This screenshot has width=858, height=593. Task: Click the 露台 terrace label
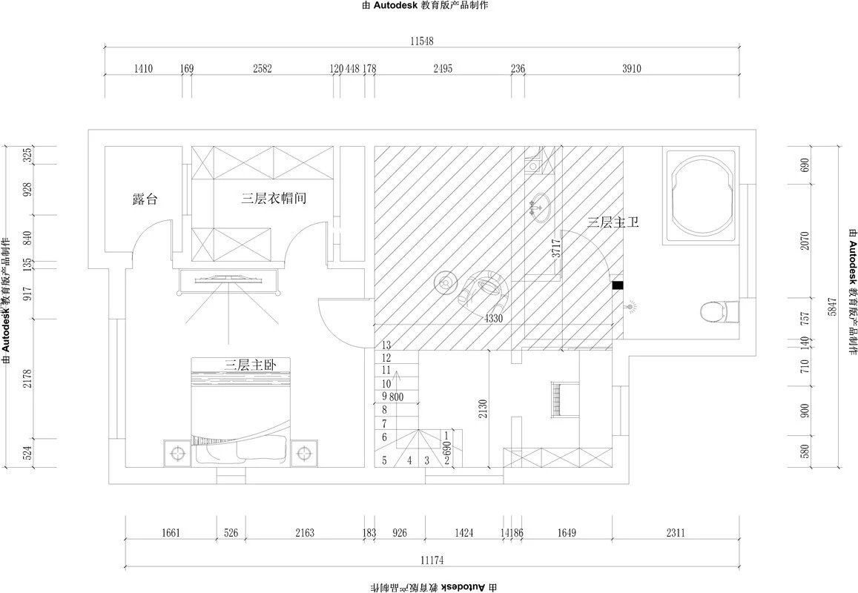145,199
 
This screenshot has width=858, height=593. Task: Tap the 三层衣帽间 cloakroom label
274,199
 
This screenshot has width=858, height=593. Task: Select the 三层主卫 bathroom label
613,223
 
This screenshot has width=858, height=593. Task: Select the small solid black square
617,285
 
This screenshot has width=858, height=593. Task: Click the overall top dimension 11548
421,41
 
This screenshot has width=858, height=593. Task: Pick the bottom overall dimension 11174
432,560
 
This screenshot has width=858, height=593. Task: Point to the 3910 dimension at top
632,68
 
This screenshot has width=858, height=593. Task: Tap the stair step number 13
386,345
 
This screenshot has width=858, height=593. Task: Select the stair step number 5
385,460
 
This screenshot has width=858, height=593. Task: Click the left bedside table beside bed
176,453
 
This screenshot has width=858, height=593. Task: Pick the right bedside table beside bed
304,453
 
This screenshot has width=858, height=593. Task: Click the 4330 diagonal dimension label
492,319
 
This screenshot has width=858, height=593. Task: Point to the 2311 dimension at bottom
676,532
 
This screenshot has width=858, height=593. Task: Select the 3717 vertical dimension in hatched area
556,248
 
